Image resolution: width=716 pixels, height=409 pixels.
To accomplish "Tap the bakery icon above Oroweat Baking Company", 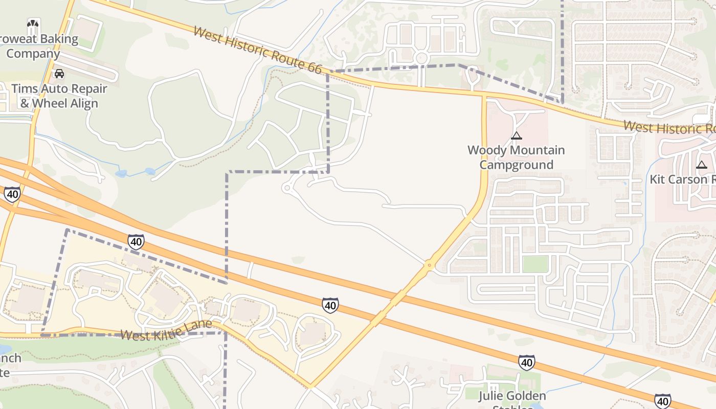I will click(x=33, y=24).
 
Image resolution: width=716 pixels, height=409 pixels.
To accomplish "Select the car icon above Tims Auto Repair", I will click(x=59, y=74).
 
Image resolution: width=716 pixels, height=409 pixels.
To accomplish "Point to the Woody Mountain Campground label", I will click(x=516, y=157).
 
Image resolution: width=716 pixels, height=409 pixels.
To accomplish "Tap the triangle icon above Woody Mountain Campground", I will click(x=516, y=135).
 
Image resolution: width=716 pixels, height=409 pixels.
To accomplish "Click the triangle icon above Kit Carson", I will click(x=701, y=165).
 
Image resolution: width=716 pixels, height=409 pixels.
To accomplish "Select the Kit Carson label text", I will click(x=683, y=179).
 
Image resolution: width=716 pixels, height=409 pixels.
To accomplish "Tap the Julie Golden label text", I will click(x=512, y=396).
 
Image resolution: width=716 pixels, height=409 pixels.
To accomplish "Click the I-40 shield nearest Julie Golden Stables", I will click(x=526, y=362).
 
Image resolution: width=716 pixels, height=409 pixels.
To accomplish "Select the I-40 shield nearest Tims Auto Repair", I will click(x=12, y=194).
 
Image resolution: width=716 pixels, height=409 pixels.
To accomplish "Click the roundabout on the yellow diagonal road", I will click(x=429, y=265).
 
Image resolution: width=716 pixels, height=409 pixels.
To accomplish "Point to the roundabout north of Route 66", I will click(x=421, y=57).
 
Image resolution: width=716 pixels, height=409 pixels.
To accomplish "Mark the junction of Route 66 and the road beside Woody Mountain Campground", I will click(x=483, y=95).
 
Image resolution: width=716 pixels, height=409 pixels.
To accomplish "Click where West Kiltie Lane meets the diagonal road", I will click(x=310, y=386).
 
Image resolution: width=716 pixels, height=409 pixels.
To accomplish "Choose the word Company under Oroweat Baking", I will click(x=33, y=54).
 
